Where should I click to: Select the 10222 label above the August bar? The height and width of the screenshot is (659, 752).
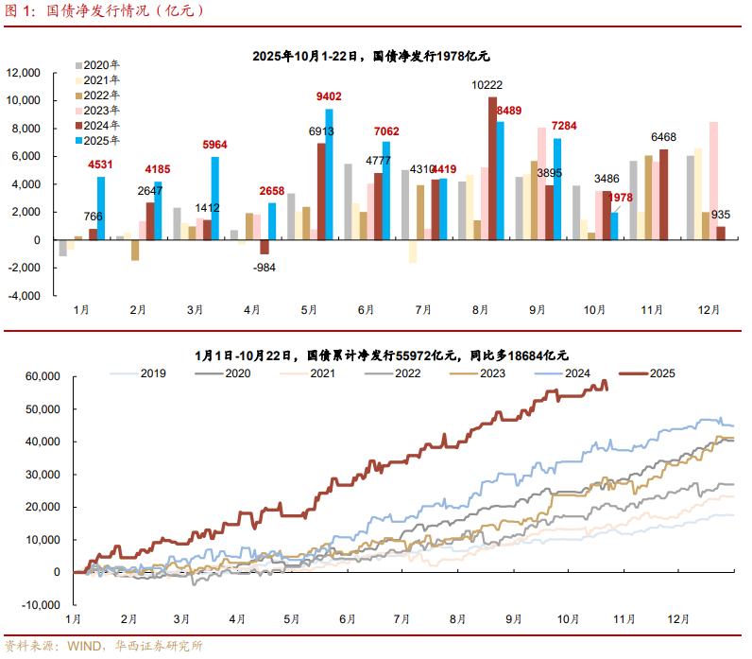[x=487, y=85]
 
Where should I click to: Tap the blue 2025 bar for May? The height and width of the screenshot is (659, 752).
[x=329, y=174]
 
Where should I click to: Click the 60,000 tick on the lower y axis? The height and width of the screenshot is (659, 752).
[x=42, y=376]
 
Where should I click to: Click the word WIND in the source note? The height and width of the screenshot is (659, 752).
[x=82, y=647]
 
